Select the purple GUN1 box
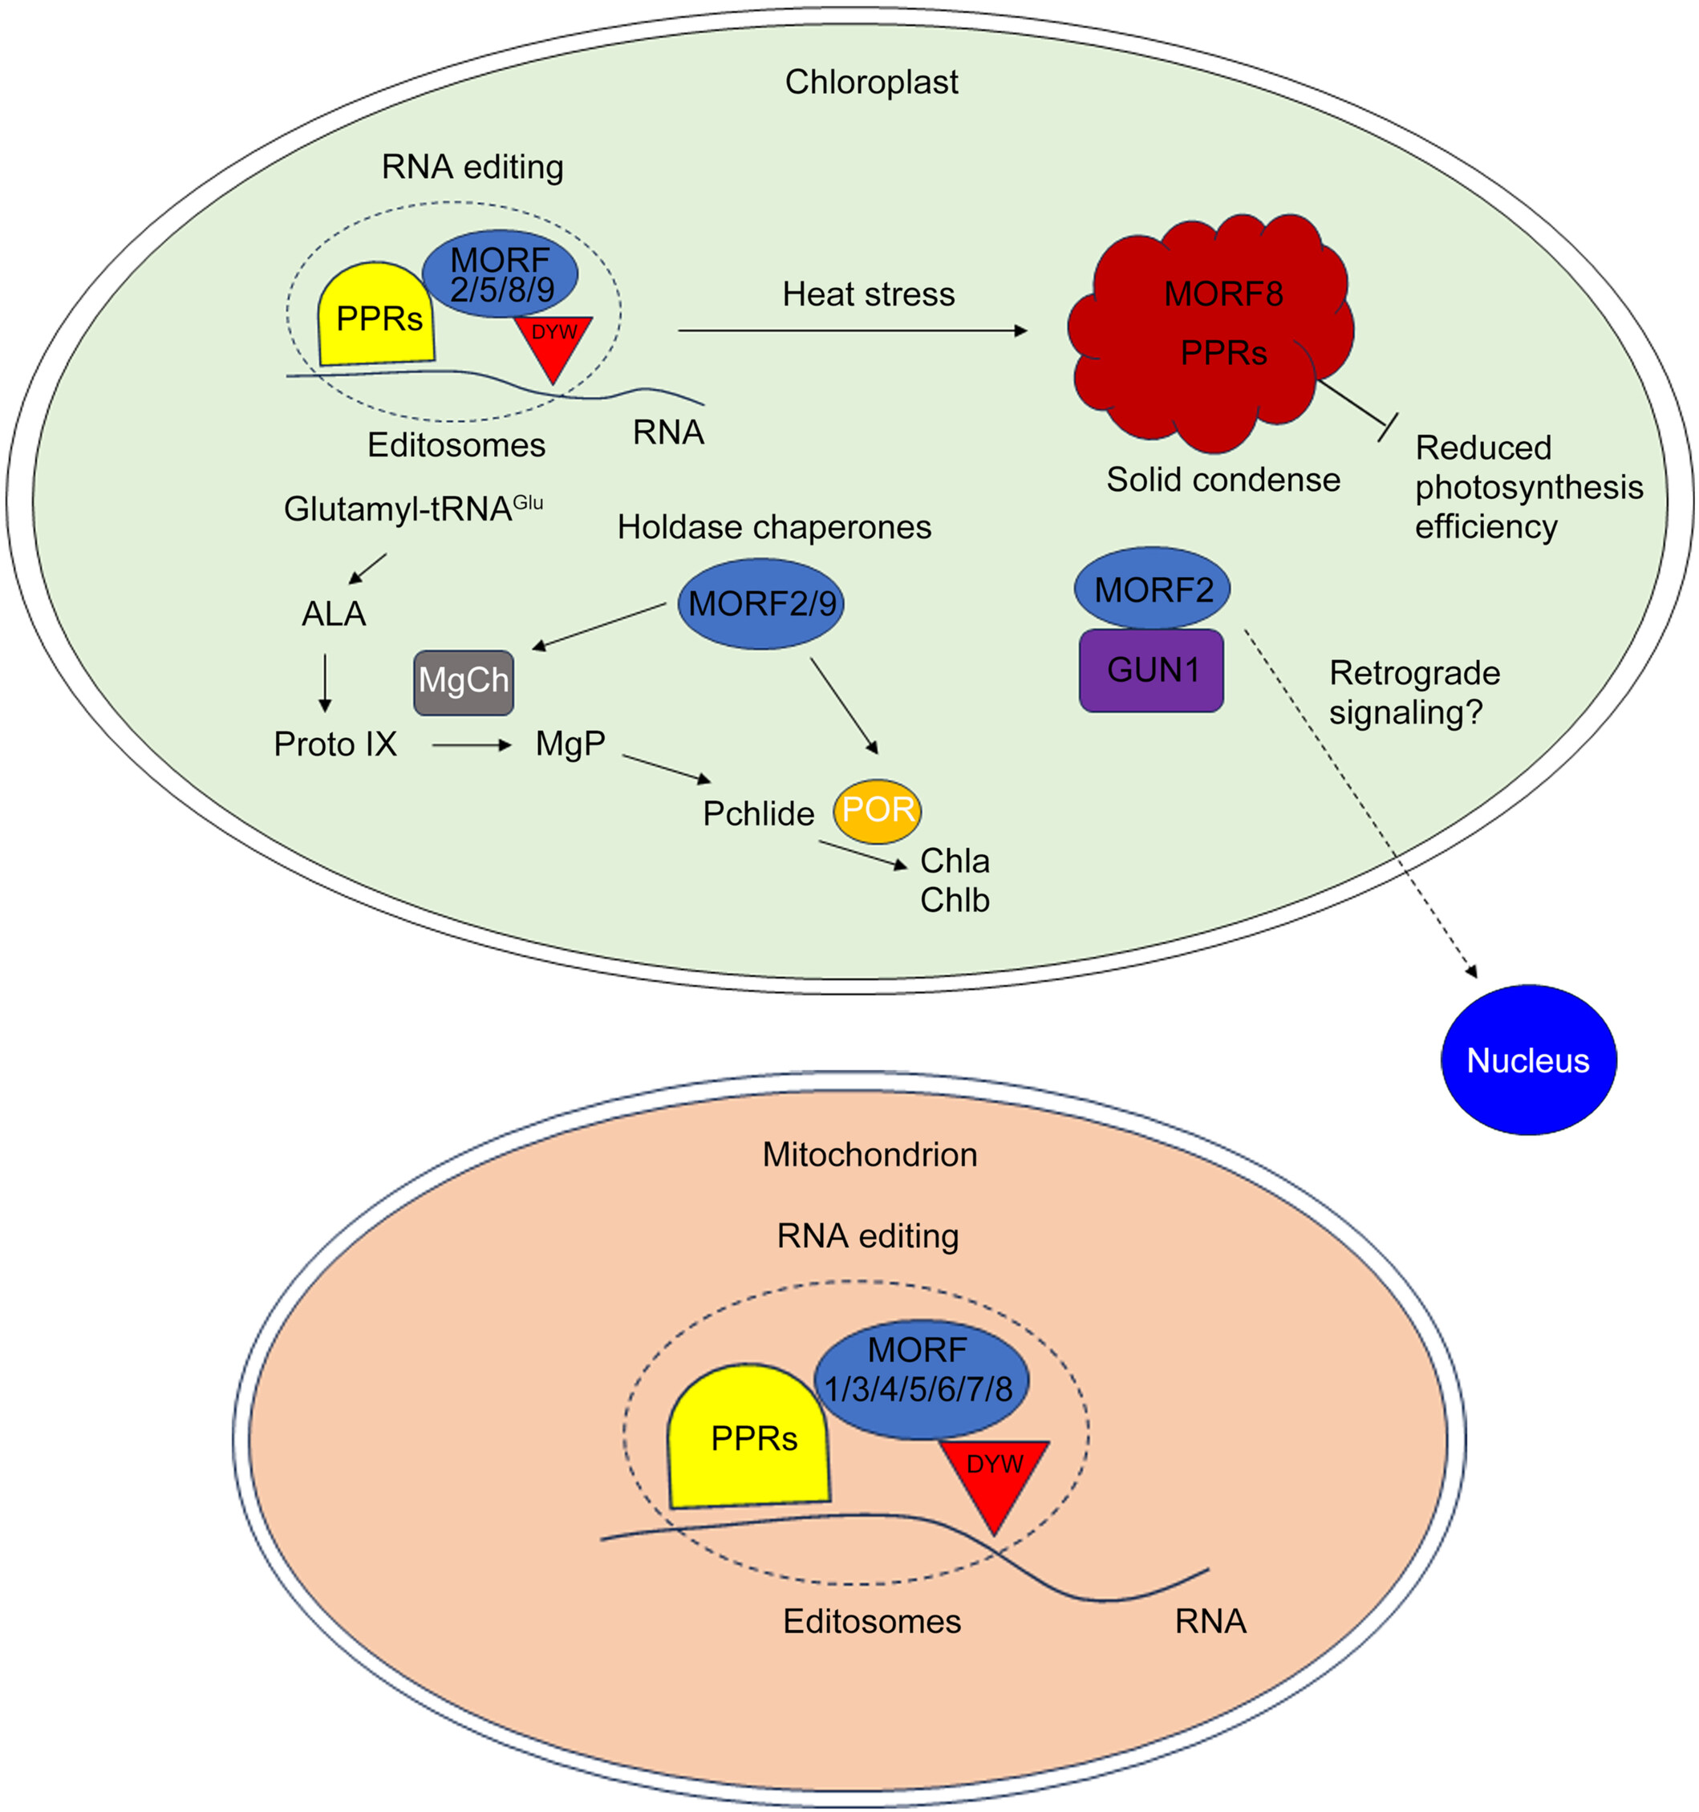click(x=1151, y=670)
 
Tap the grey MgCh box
click(x=463, y=682)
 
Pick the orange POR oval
click(x=877, y=810)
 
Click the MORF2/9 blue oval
click(x=760, y=603)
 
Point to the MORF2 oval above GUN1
click(x=1152, y=589)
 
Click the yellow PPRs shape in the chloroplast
click(x=375, y=317)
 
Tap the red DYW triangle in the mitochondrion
click(x=994, y=1478)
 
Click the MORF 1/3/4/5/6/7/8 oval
click(x=921, y=1379)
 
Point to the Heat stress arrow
click(x=851, y=330)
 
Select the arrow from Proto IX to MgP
click(x=471, y=746)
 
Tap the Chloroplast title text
click(x=870, y=82)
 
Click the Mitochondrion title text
click(x=870, y=1155)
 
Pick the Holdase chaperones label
click(x=774, y=527)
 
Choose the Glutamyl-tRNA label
click(x=412, y=508)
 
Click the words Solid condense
click(x=1223, y=480)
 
